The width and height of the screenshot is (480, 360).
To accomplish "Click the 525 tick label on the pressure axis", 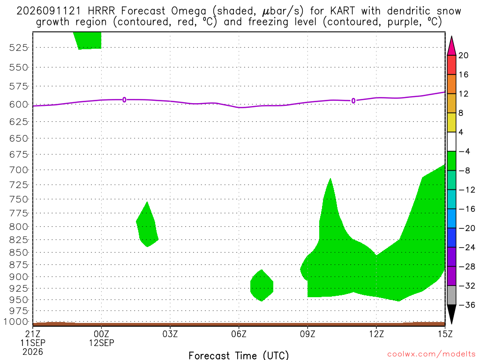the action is (18, 47).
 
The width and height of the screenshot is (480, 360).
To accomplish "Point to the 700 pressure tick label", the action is (18, 170).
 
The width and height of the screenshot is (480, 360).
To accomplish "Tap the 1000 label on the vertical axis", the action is (16, 322).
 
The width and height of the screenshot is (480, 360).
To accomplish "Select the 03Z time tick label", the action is (170, 334).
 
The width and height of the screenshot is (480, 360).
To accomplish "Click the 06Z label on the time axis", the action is (239, 334).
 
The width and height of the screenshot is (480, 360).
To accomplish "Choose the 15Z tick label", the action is (445, 334).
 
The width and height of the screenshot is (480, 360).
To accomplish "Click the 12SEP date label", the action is (101, 343).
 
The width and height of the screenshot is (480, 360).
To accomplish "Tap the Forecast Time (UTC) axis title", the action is (239, 355).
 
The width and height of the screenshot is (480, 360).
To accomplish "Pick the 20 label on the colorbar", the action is (463, 55).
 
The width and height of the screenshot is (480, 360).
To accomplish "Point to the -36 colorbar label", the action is (467, 305).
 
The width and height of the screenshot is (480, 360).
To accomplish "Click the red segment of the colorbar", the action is (451, 65).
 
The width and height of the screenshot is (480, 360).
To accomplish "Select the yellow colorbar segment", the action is (451, 122).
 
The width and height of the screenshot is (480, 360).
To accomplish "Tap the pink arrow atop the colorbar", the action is (451, 46).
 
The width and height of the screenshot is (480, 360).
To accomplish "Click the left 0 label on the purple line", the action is (124, 100).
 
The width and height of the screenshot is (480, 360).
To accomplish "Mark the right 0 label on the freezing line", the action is (353, 101).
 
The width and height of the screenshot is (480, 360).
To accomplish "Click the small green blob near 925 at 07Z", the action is (262, 285).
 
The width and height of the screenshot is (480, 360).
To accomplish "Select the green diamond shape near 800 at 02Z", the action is (147, 225).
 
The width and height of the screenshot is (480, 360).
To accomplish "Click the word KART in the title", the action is (343, 11).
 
